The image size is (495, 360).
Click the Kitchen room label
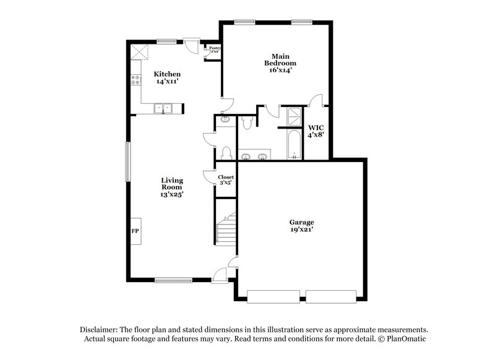coord(167,74)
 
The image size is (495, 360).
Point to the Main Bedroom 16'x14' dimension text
coord(280,71)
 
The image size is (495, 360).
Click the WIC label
coord(316,127)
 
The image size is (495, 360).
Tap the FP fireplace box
coord(135,231)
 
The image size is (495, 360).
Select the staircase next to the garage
coord(226,227)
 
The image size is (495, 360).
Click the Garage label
coord(301,222)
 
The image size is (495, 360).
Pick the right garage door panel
coord(332,296)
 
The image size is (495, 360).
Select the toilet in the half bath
coord(226,153)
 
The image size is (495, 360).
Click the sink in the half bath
coord(225,120)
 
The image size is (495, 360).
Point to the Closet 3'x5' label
coord(225,180)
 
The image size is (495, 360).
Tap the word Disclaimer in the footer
coord(100,330)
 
